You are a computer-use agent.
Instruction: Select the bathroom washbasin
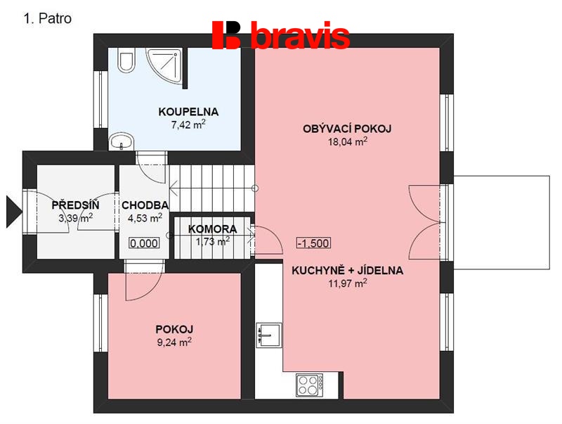click(x=121, y=141)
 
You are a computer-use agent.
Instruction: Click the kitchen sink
click(x=269, y=335)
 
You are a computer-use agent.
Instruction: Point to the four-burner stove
click(x=310, y=385)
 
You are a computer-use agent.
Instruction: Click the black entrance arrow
click(x=14, y=212)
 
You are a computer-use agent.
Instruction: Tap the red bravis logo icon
click(x=226, y=34)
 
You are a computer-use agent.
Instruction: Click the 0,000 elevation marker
click(x=144, y=243)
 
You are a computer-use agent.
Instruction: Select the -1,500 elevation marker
click(x=314, y=243)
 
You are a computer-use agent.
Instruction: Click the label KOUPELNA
click(x=188, y=112)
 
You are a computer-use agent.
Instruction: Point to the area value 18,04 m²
click(x=348, y=141)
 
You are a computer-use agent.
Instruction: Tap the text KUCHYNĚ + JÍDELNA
click(x=347, y=270)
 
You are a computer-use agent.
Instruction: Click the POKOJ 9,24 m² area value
click(x=174, y=342)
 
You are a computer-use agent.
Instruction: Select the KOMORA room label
click(x=213, y=229)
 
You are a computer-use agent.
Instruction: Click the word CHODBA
click(x=145, y=205)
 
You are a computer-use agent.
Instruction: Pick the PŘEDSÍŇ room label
click(x=75, y=205)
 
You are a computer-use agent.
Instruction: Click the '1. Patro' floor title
click(x=48, y=18)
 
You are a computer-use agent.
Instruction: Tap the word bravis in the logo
click(x=301, y=34)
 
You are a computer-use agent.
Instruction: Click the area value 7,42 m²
click(x=188, y=125)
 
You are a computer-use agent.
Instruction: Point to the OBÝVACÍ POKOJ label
click(x=347, y=129)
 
